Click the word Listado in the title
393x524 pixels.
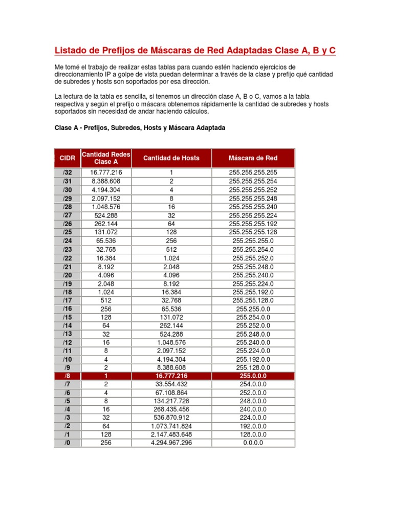71,51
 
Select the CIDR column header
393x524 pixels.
68,158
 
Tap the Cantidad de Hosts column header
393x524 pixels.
171,158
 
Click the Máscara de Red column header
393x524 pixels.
253,158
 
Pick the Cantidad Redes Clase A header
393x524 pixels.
106,158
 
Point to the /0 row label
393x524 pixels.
68,443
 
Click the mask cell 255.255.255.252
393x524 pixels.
253,189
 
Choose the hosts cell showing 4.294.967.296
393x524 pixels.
171,443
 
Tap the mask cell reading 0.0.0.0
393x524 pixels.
253,443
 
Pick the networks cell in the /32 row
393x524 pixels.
106,172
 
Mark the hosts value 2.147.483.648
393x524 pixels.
171,434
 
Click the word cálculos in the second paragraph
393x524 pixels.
194,111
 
